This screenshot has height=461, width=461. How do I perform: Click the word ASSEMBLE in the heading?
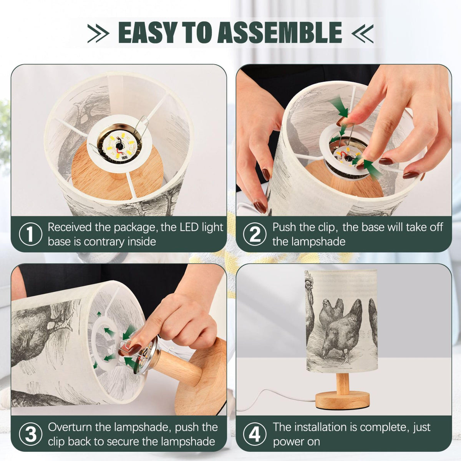[x=279, y=33]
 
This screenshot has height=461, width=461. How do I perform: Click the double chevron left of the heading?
[x=98, y=33]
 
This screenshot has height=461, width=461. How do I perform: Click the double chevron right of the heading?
[x=362, y=33]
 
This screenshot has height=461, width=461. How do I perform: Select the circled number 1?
[x=30, y=234]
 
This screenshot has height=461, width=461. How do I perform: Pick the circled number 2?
[x=255, y=234]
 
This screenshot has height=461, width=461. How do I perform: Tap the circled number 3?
[x=30, y=434]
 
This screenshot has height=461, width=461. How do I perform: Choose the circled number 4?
[x=255, y=434]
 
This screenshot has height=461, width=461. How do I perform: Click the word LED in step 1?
[x=188, y=227]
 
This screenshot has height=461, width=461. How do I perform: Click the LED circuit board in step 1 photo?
[x=119, y=146]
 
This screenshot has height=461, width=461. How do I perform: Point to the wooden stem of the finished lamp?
[x=343, y=384]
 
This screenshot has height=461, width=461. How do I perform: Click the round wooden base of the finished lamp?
[x=342, y=401]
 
